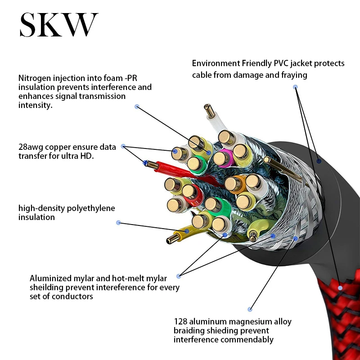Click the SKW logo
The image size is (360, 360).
click(x=58, y=26)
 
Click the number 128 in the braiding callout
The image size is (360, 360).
click(x=180, y=322)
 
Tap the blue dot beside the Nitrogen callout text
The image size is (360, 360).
click(x=137, y=107)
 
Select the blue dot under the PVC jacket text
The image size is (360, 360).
click(x=295, y=86)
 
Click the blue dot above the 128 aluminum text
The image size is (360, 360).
click(x=250, y=309)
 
